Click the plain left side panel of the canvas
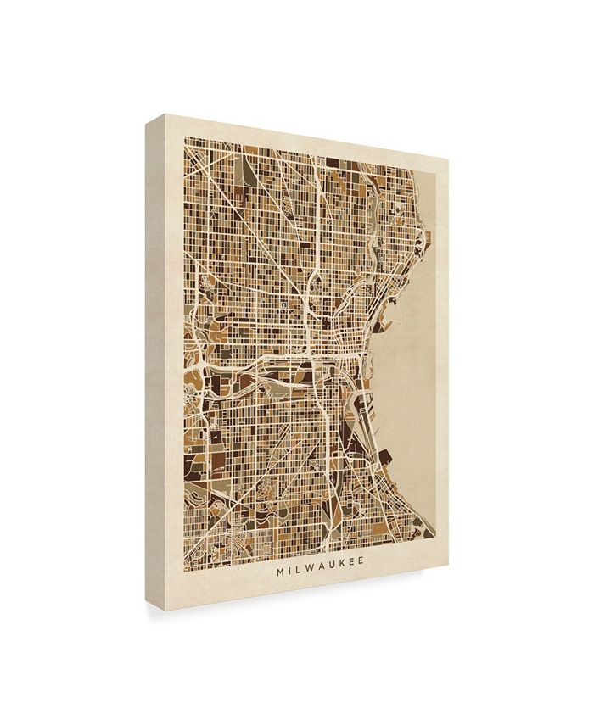pyautogui.click(x=158, y=356)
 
